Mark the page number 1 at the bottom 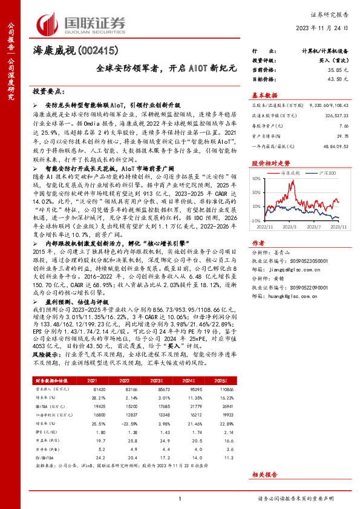[180, 498]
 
